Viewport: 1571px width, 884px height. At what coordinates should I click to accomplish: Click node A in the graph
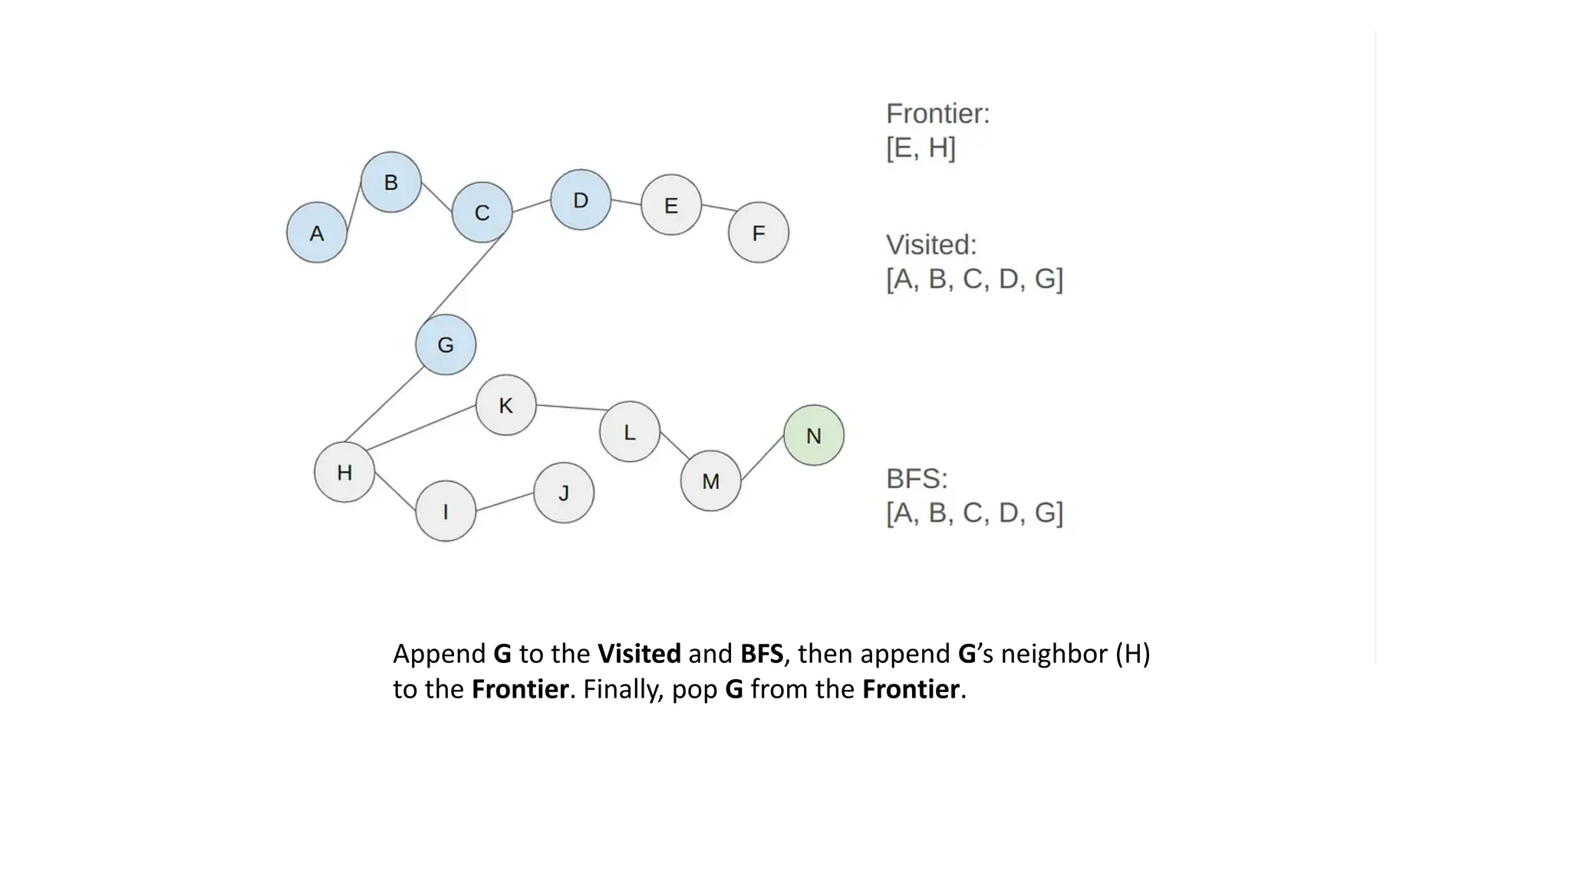[317, 233]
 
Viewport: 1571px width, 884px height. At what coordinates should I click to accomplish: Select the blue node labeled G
[446, 345]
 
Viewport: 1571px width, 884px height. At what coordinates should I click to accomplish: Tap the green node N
[814, 435]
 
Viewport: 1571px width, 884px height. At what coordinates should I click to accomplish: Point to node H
[344, 472]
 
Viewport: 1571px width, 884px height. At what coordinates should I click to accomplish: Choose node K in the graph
[506, 405]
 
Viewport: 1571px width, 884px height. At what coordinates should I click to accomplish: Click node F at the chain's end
[759, 233]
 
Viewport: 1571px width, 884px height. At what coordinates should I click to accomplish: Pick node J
[564, 493]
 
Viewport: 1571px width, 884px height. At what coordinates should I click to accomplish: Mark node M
[711, 481]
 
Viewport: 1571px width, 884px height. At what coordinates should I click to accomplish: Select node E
[671, 205]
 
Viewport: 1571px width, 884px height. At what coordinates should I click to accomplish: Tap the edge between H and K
[420, 428]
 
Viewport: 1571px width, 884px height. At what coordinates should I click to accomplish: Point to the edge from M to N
[762, 458]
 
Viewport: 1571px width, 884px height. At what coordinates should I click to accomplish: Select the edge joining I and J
[505, 502]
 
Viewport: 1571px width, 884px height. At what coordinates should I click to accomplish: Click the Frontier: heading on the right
[937, 114]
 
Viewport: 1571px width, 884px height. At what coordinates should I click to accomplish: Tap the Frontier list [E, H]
[921, 147]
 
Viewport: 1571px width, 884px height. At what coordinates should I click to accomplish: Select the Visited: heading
[931, 245]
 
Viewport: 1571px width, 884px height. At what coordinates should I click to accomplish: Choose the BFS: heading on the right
[917, 479]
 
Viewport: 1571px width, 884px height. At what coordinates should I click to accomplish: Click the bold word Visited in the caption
[639, 654]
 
